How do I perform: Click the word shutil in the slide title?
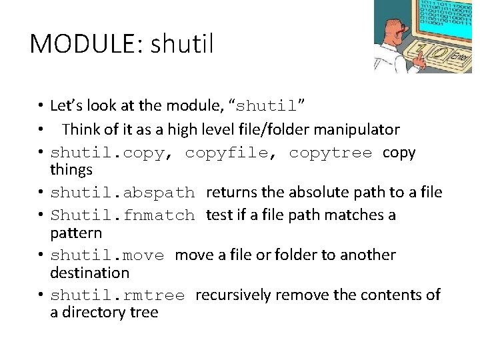coord(182,44)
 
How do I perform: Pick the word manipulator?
coord(358,129)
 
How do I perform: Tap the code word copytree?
coord(330,153)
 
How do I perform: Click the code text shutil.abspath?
coord(123,193)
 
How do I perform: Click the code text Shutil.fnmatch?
coord(123,215)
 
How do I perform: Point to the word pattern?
coord(76,233)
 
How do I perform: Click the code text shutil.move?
coord(107,255)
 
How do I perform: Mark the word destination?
coord(89,273)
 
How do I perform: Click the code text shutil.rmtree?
coord(117,295)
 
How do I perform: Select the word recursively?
coord(235,295)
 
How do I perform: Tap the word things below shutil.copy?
coord(71,170)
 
